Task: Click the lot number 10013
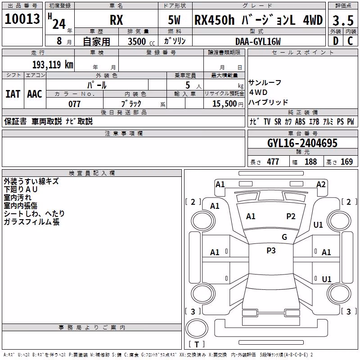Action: [x=22, y=19]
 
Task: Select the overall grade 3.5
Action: [x=343, y=21]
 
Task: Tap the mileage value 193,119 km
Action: [x=53, y=65]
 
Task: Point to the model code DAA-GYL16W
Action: [x=258, y=41]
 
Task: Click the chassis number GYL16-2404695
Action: [x=302, y=143]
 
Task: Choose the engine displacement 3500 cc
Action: [x=141, y=41]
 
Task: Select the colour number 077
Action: [x=74, y=104]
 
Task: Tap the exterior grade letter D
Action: [x=336, y=41]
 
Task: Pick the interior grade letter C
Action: [x=350, y=41]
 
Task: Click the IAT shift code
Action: [x=13, y=94]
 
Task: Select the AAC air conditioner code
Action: [x=35, y=94]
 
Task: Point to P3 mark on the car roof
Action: [x=271, y=251]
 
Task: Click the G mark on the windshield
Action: [x=284, y=237]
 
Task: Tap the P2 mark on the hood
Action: [x=291, y=216]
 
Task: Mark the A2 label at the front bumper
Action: [x=321, y=184]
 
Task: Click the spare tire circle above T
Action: [x=197, y=328]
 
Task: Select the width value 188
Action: [x=310, y=162]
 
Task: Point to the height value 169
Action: [x=346, y=162]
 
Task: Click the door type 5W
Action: [x=174, y=20]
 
